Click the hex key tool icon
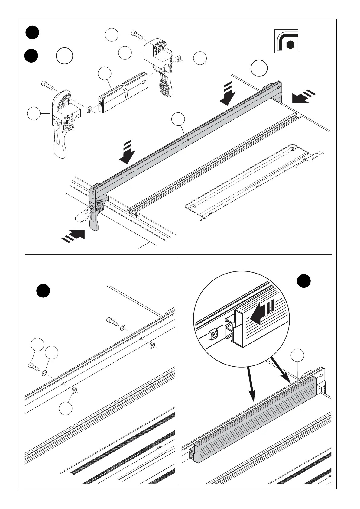click(x=286, y=41)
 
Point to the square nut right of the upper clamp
click(x=179, y=59)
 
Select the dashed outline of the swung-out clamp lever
click(x=82, y=215)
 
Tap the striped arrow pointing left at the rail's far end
click(x=303, y=97)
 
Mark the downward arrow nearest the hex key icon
click(x=227, y=94)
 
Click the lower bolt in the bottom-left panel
click(x=33, y=366)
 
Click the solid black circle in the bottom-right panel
click(x=303, y=281)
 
